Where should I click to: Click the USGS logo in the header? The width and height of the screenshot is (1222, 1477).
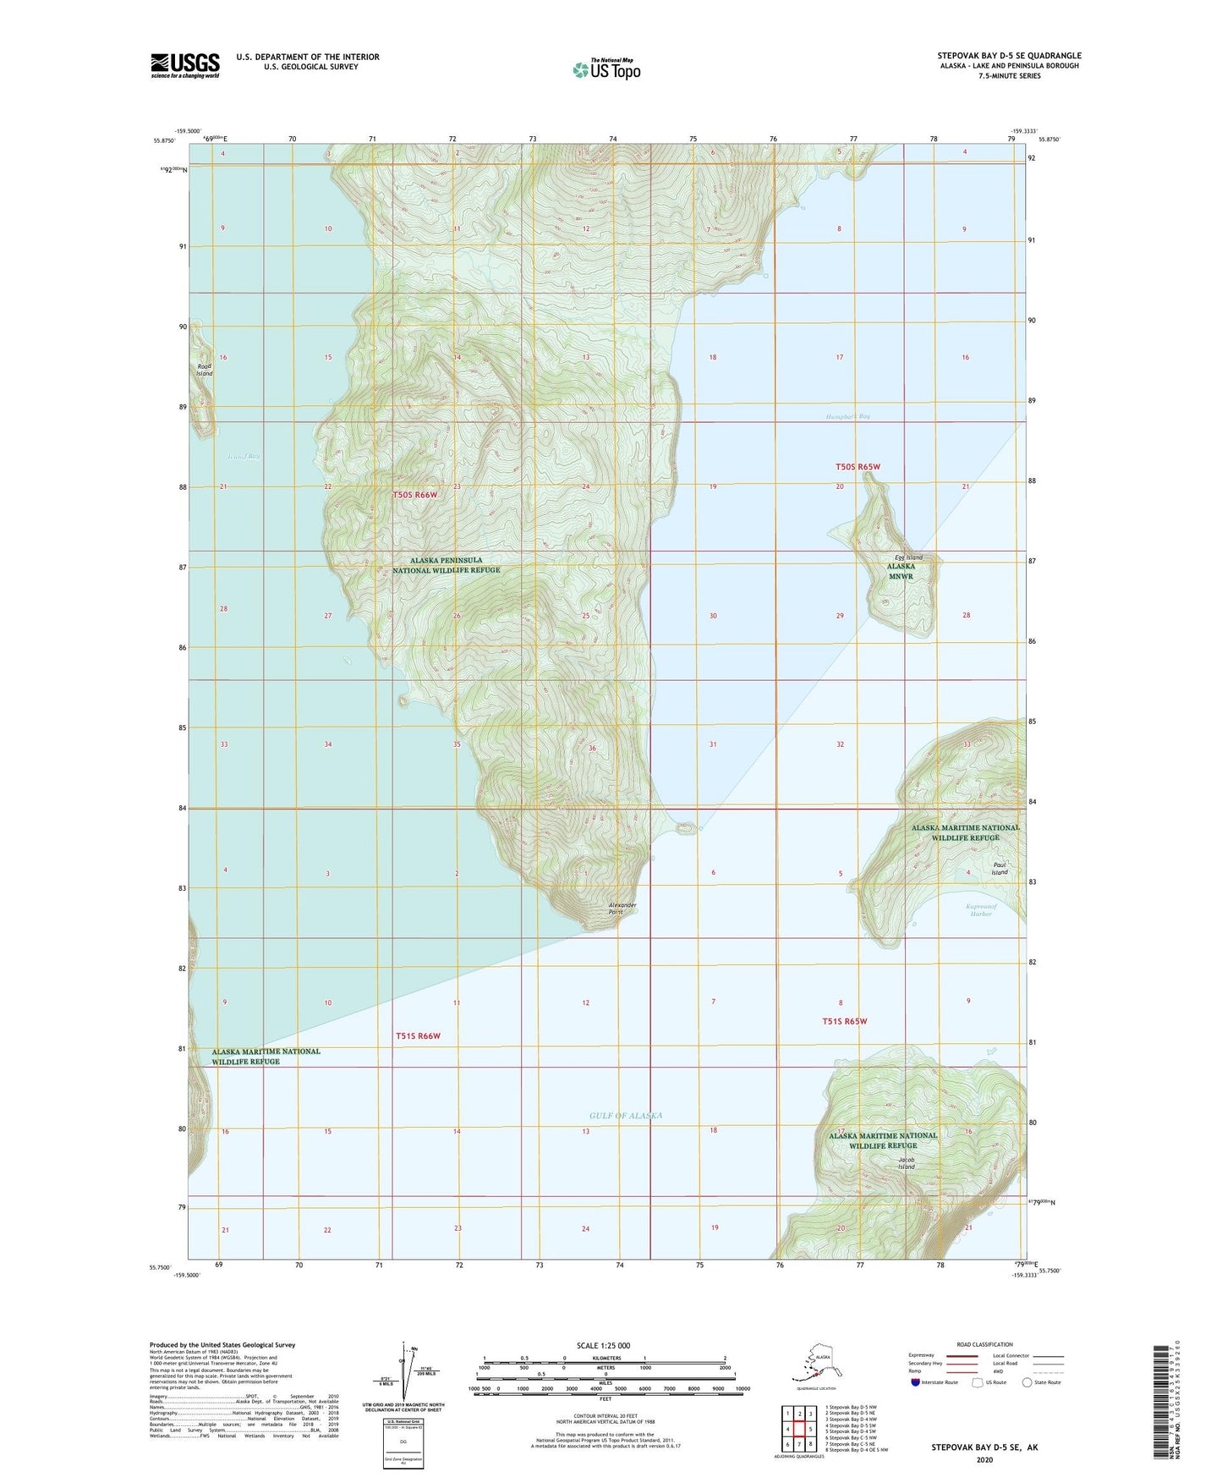[185, 65]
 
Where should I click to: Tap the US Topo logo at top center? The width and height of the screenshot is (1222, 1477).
[606, 69]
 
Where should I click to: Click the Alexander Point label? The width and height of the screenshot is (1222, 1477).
[622, 909]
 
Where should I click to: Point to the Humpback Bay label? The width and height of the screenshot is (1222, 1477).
[847, 417]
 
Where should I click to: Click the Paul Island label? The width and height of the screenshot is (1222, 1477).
[1000, 869]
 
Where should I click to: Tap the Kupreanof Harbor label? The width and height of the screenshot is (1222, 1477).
[981, 910]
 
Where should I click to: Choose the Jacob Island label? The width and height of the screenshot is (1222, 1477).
[907, 1163]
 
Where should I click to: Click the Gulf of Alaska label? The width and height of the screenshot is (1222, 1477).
[626, 1116]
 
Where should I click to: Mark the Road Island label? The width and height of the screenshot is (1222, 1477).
[205, 369]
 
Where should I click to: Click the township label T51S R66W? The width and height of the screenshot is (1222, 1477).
[418, 1035]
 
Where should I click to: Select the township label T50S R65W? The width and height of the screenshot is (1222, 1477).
[858, 467]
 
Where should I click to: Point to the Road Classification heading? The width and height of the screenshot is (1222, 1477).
[984, 1344]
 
